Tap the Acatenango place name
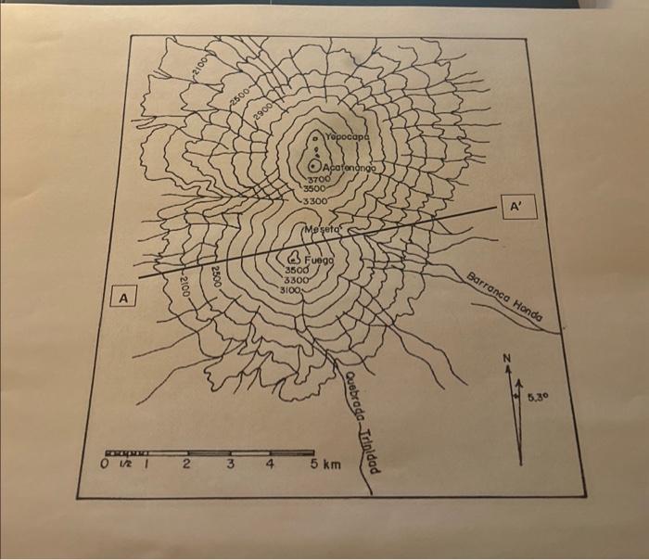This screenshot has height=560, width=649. [x=351, y=167]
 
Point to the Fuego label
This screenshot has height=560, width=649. [x=317, y=260]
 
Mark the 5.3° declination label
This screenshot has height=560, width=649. [x=541, y=399]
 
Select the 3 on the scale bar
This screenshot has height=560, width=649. [x=229, y=462]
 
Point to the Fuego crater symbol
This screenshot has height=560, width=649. [x=294, y=259]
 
